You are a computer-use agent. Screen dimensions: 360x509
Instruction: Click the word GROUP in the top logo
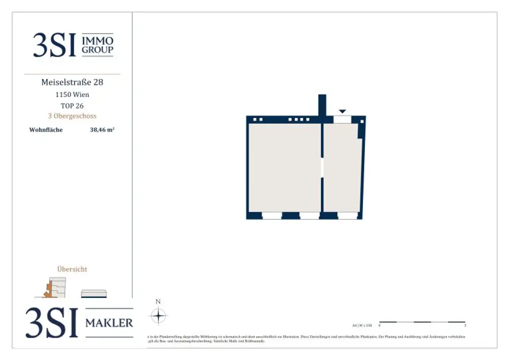coord(97,50)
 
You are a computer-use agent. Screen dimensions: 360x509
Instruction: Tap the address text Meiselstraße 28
coord(72,82)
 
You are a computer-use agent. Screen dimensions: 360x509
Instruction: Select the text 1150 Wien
coord(72,94)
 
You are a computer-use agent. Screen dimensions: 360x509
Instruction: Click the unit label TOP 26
coord(72,105)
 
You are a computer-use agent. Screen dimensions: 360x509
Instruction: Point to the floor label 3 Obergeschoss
coord(72,116)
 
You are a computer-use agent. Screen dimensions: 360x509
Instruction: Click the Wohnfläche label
coord(46,130)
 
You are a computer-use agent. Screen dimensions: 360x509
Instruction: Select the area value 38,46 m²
coord(102,130)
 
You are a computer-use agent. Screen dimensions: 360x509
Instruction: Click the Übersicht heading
coord(72,269)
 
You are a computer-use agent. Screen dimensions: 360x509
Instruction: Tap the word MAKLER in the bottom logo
coord(109,323)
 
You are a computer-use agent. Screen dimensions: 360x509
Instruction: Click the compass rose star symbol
coord(158,315)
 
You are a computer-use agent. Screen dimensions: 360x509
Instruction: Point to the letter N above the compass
coord(158,301)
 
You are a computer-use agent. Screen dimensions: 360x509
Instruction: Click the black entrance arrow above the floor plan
coord(342,111)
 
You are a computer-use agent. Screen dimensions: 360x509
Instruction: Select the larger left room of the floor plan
coord(284,168)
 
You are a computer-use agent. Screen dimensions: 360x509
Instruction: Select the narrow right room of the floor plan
coord(341,168)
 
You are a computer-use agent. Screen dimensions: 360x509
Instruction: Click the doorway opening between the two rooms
coord(322,168)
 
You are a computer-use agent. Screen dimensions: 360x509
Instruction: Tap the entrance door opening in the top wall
coord(342,119)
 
